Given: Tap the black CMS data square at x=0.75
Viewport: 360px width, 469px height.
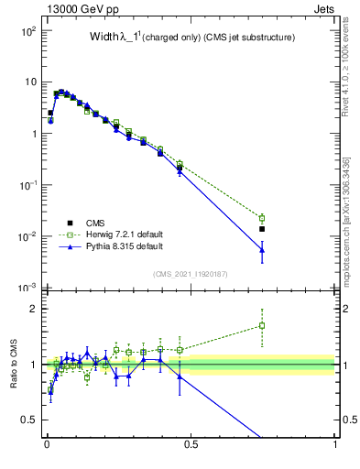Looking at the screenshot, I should [262, 229].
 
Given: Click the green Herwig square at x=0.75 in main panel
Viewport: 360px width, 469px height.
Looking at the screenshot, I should [262, 218].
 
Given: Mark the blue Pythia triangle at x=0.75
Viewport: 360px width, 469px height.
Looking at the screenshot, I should [262, 249].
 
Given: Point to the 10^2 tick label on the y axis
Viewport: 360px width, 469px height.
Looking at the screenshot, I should [27, 31].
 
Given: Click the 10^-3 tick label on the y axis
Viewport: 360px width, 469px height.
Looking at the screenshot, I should [27, 289].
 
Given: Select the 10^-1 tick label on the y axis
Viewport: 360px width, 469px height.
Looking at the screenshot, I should [27, 185].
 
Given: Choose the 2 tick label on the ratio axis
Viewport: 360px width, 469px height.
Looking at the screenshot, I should [34, 309].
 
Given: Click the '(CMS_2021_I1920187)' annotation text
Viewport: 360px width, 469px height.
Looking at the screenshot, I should [191, 274].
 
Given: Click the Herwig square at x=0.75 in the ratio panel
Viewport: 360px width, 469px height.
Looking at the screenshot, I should [262, 325].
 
